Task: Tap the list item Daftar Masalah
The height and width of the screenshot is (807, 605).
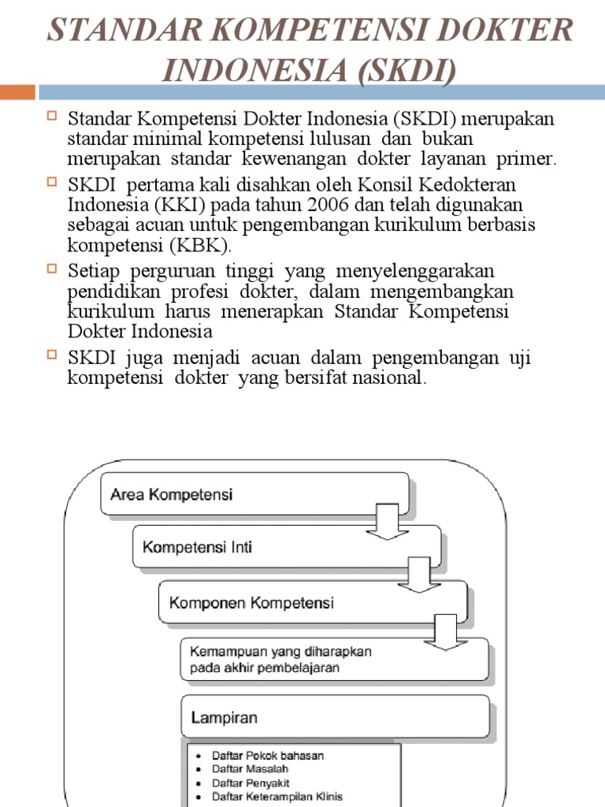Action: pyautogui.click(x=250, y=769)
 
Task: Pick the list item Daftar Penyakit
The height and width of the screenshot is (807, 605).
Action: pyautogui.click(x=251, y=783)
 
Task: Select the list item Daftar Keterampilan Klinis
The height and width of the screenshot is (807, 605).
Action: pyautogui.click(x=277, y=798)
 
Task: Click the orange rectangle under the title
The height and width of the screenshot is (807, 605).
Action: pyautogui.click(x=17, y=92)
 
